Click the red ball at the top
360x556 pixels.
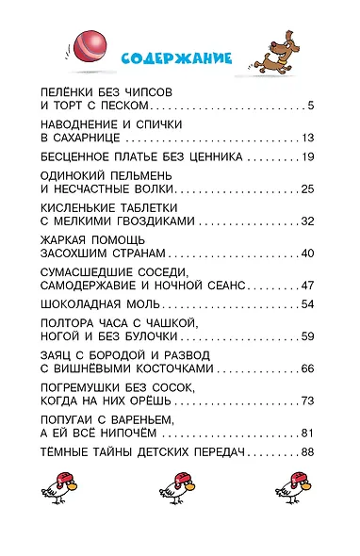pos(88,43)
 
